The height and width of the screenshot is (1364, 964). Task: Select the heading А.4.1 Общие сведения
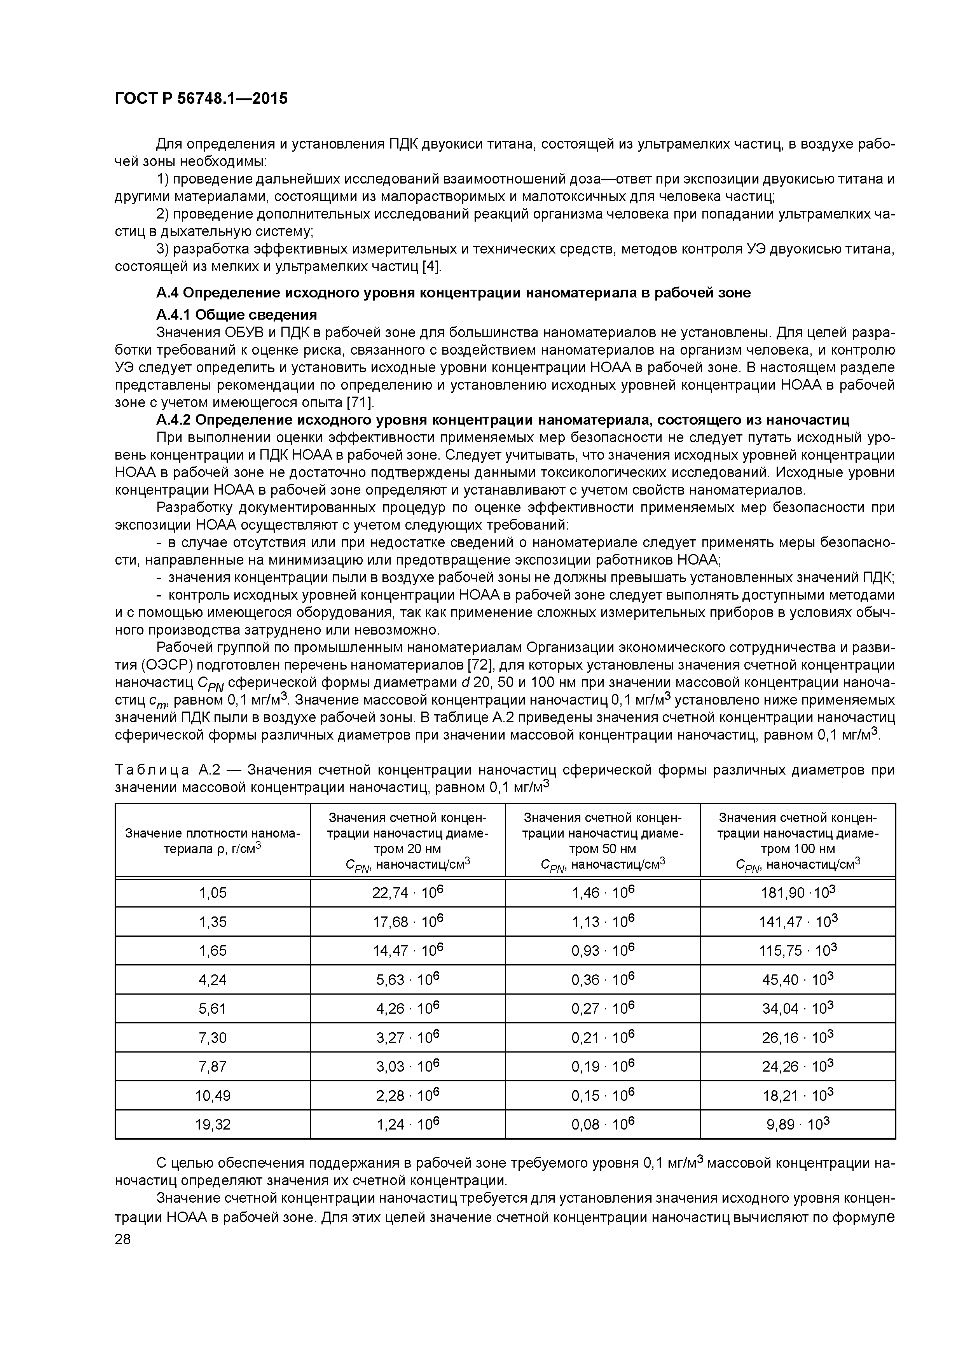point(236,314)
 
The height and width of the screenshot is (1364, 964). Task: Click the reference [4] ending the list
point(431,266)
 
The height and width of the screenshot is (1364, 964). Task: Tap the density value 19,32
point(212,1124)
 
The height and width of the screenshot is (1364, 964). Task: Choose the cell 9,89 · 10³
point(798,1124)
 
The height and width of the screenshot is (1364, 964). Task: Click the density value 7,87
point(212,1067)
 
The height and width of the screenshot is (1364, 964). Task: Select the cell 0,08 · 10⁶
point(602,1124)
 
